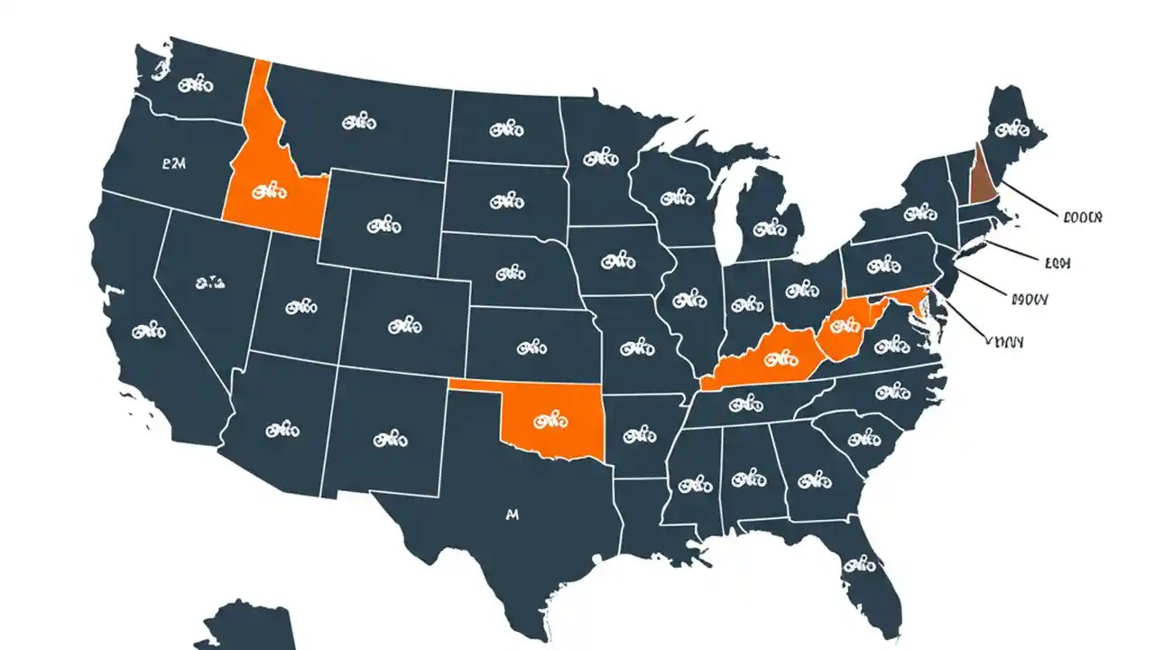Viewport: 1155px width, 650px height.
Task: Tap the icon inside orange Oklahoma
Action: (x=550, y=419)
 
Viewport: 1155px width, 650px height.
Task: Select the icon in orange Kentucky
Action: (x=774, y=359)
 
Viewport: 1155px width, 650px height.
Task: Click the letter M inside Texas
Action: (x=513, y=515)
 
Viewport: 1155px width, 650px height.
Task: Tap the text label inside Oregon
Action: (x=173, y=164)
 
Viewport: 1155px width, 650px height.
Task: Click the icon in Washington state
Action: (x=195, y=85)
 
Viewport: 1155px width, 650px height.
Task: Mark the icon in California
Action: (x=149, y=331)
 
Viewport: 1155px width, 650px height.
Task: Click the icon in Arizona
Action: (x=282, y=430)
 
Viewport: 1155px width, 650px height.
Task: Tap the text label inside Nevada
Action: (x=209, y=283)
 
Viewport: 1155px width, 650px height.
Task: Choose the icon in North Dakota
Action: (x=506, y=130)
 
